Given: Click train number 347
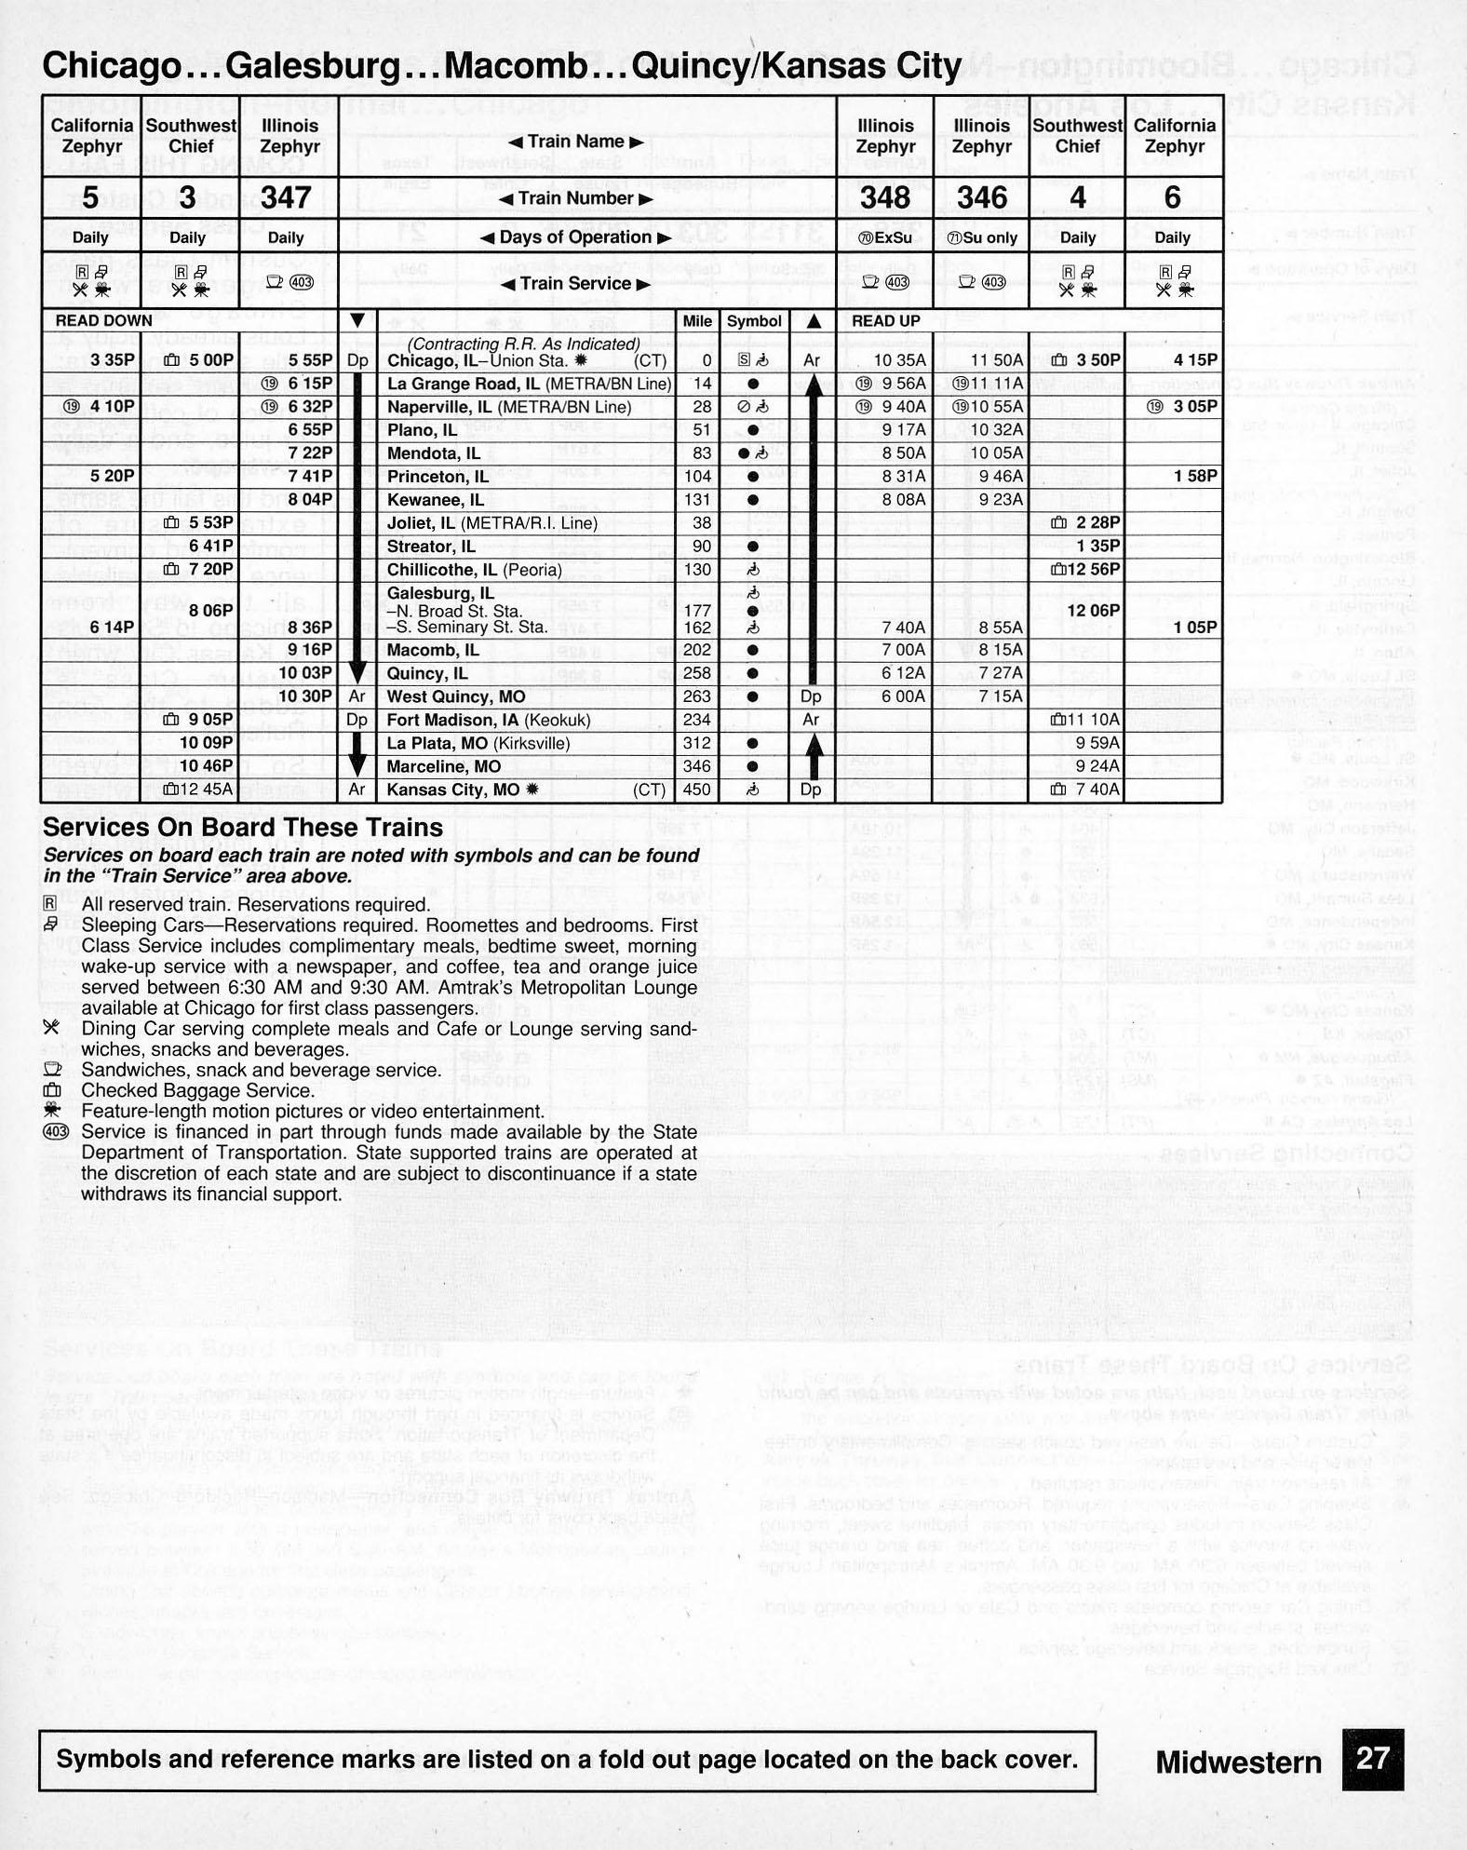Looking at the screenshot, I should pyautogui.click(x=286, y=197).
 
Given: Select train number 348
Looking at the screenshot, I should pyautogui.click(x=884, y=197).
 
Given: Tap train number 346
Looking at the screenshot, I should pyautogui.click(x=982, y=197).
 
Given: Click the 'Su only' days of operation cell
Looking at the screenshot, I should pyautogui.click(x=982, y=237).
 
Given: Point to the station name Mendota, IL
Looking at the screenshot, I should pyautogui.click(x=434, y=453).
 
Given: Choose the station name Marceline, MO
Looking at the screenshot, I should pyautogui.click(x=444, y=766).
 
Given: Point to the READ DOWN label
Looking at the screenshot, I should pyautogui.click(x=103, y=321).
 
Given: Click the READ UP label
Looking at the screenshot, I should pyautogui.click(x=885, y=321).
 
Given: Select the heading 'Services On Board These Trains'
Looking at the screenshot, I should pyautogui.click(x=243, y=828).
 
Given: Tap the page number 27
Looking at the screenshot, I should pyautogui.click(x=1372, y=1759).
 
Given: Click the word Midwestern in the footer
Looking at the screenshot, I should pyautogui.click(x=1238, y=1762).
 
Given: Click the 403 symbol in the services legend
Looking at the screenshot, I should pyautogui.click(x=56, y=1132).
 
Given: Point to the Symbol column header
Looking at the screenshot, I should pyautogui.click(x=754, y=321).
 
